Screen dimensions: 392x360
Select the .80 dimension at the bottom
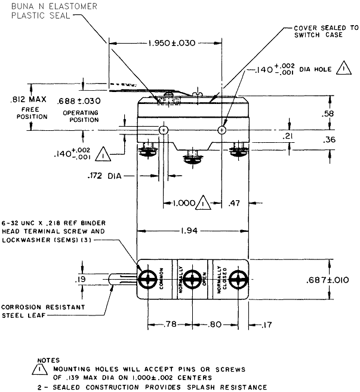215,325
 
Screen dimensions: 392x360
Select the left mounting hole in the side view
163,130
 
